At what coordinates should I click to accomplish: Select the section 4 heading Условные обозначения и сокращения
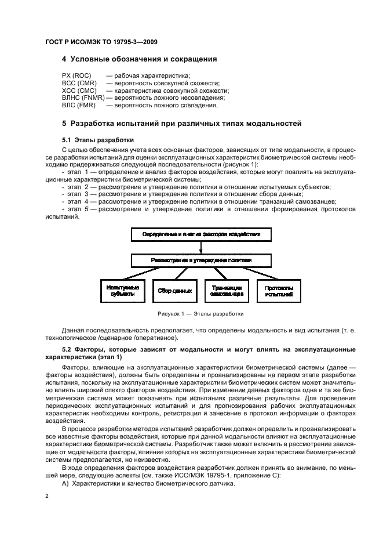(139, 59)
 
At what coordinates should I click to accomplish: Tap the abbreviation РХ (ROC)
(77, 76)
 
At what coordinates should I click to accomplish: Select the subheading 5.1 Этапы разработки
(97, 140)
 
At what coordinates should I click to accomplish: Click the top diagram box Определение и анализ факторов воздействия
(200, 235)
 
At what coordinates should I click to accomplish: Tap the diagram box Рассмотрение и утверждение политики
(200, 260)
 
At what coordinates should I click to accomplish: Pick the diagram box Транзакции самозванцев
(227, 291)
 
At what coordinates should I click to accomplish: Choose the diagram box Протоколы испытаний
(279, 291)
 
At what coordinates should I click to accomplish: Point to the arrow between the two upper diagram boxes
(200, 248)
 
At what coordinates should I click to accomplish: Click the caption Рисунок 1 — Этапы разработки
(200, 314)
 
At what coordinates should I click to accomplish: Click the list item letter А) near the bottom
(65, 483)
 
